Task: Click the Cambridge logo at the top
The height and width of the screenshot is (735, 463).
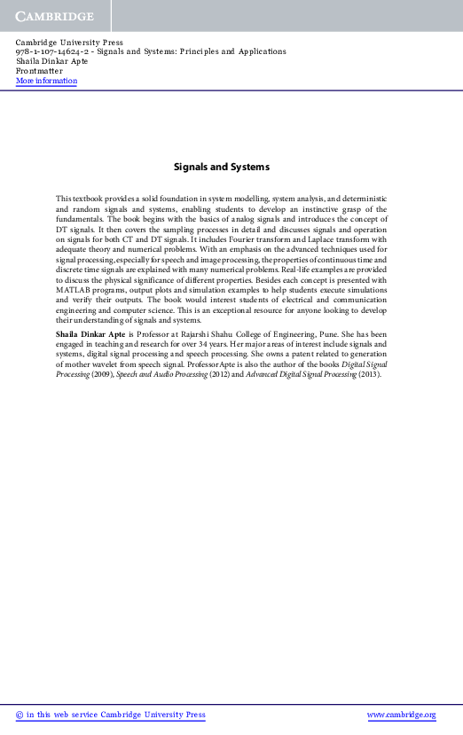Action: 54,16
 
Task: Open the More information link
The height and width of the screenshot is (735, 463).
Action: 46,81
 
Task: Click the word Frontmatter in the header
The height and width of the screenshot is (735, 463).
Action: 40,71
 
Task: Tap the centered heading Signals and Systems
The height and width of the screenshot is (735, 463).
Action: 222,167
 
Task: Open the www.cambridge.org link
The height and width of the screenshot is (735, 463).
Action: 401,715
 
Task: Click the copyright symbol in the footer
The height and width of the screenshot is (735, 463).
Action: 20,715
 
